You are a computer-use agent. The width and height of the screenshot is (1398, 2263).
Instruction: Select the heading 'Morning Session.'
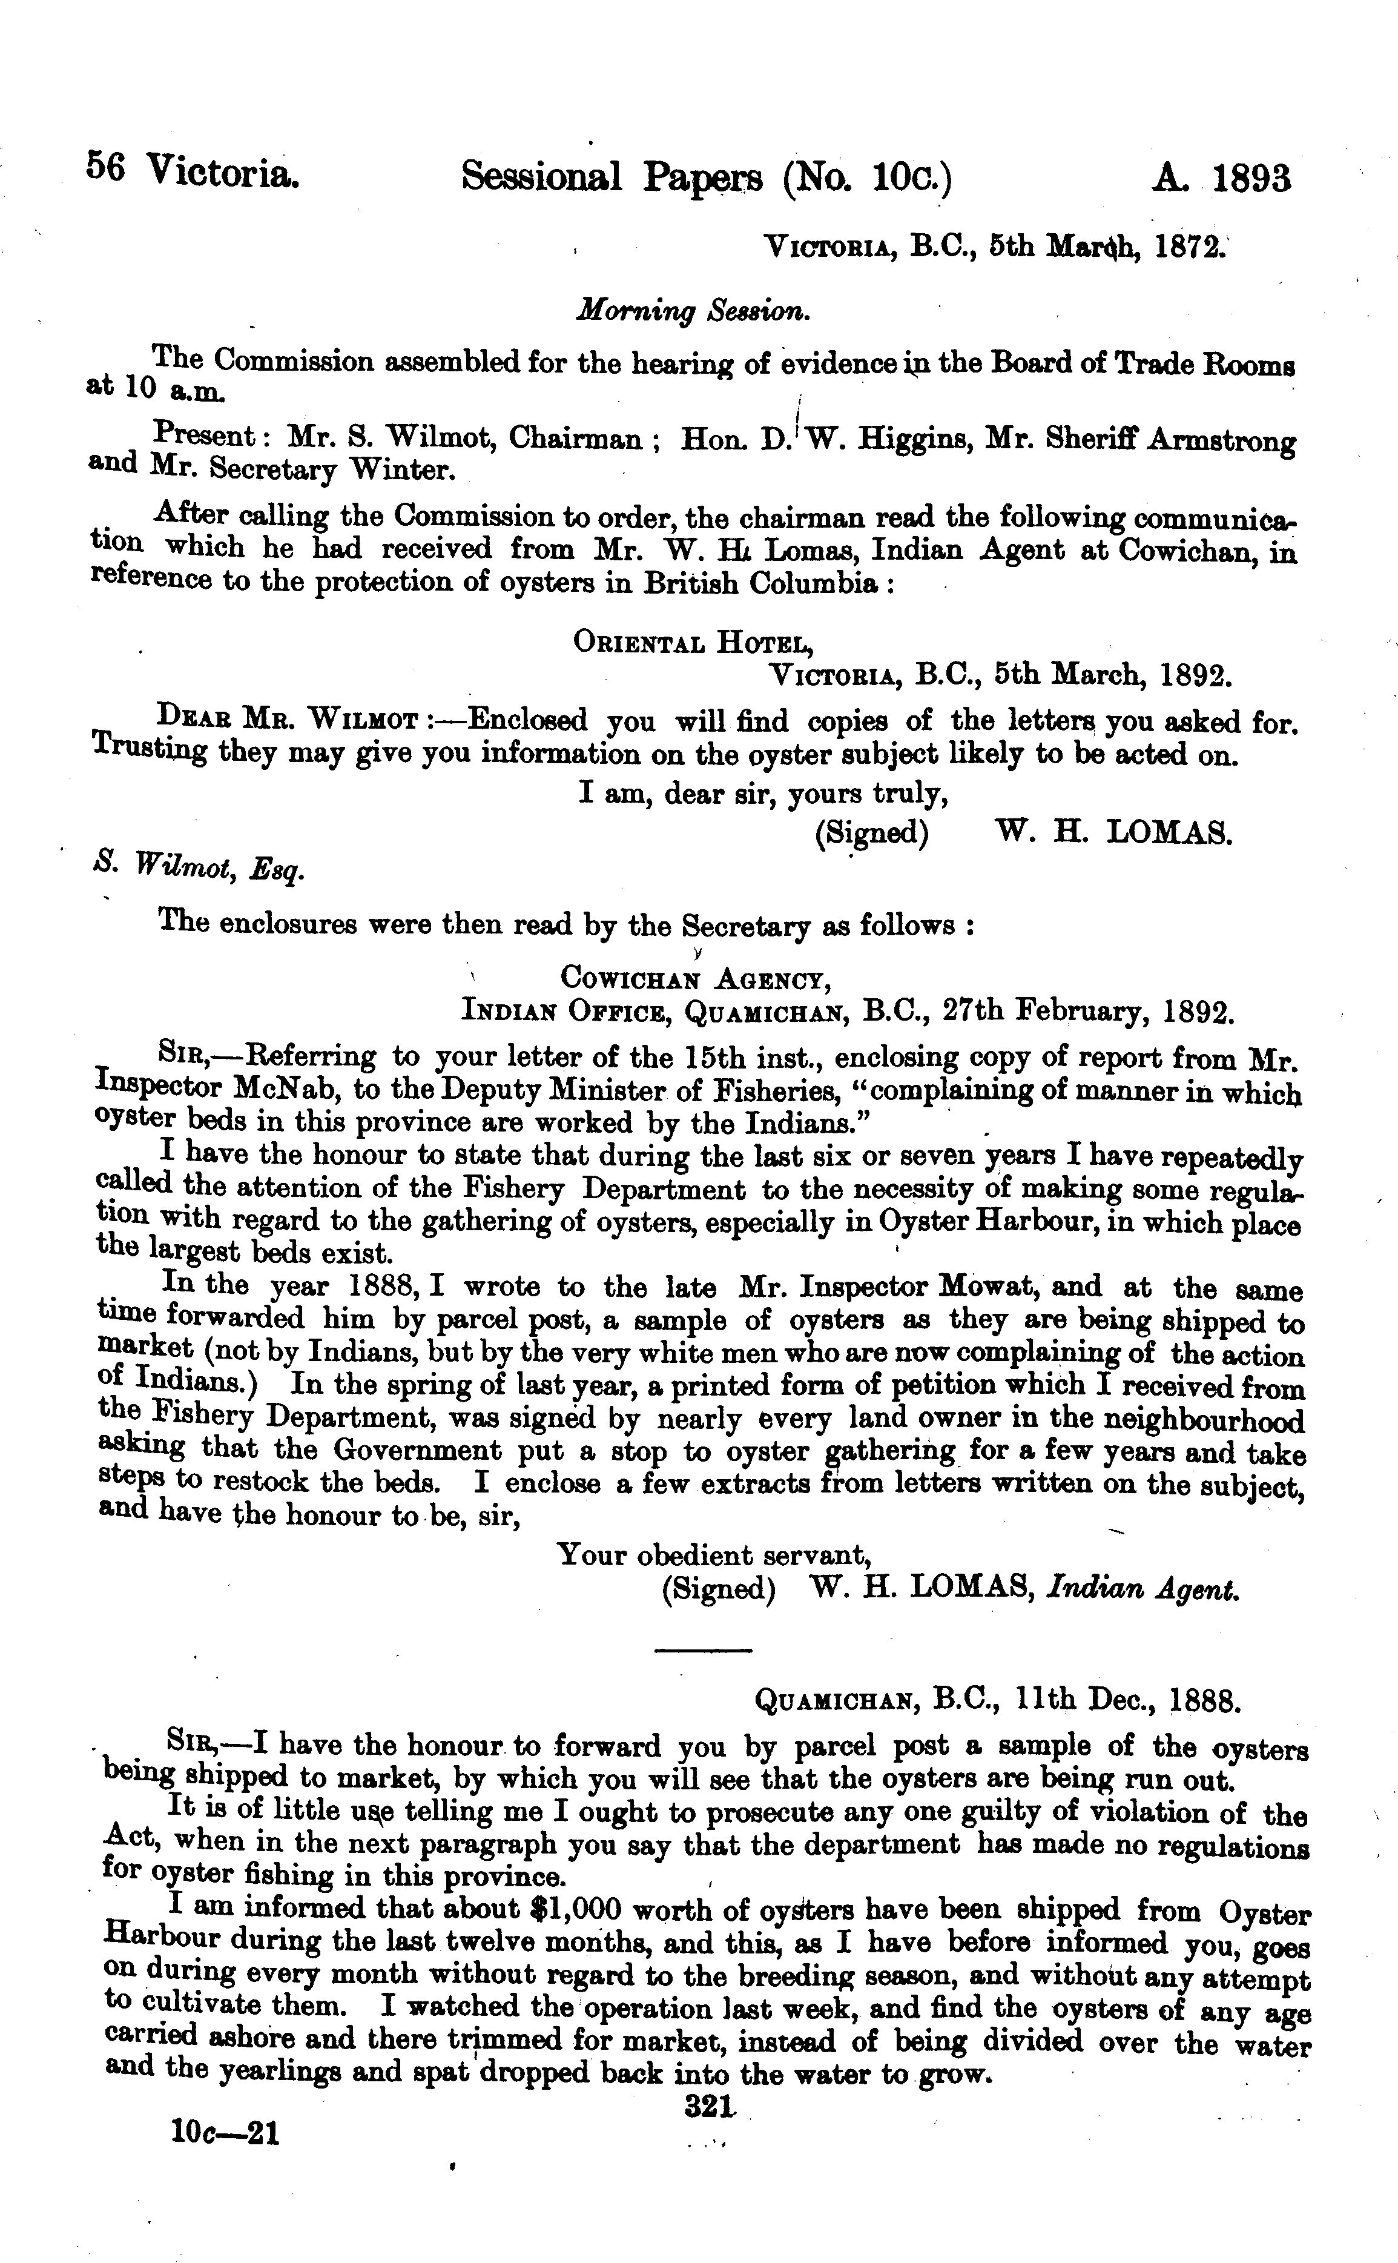coord(693,313)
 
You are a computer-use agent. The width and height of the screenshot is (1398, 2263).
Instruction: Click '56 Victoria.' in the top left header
coord(193,171)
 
